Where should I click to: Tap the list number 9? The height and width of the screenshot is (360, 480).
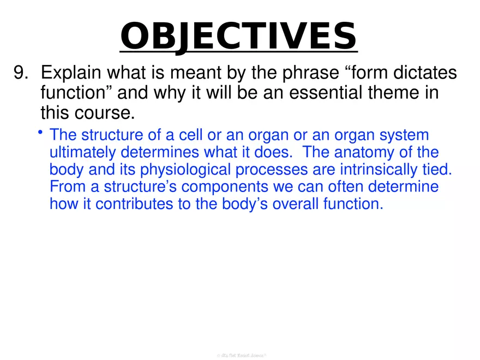(23, 73)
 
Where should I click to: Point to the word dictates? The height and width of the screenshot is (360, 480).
(419, 73)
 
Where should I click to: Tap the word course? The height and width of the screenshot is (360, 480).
(105, 114)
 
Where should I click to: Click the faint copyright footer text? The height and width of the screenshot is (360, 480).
(240, 355)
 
